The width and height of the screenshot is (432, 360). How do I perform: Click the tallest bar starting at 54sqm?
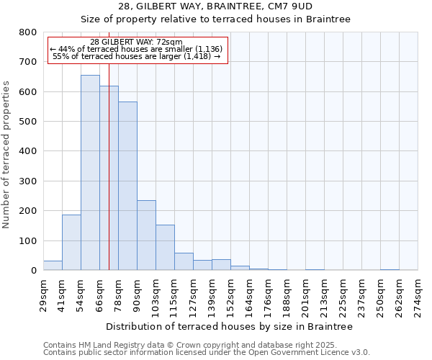(x=90, y=173)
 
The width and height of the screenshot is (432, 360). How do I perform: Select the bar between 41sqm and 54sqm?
(x=71, y=242)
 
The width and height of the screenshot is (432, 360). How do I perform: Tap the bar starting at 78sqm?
(x=127, y=186)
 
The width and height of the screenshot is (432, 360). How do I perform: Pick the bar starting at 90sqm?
(x=146, y=235)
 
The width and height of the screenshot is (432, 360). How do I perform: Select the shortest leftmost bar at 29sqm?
(x=53, y=265)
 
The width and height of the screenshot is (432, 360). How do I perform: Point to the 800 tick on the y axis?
(x=28, y=32)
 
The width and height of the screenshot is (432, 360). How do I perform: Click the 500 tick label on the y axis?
(x=28, y=122)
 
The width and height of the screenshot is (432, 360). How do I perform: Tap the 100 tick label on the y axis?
(x=28, y=240)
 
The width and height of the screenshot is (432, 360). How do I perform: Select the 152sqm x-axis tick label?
(x=231, y=297)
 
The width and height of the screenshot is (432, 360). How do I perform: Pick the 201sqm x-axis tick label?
(x=306, y=297)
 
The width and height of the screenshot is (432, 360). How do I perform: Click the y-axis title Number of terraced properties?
(x=6, y=154)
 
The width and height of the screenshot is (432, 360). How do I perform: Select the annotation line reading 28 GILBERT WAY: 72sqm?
(x=137, y=42)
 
